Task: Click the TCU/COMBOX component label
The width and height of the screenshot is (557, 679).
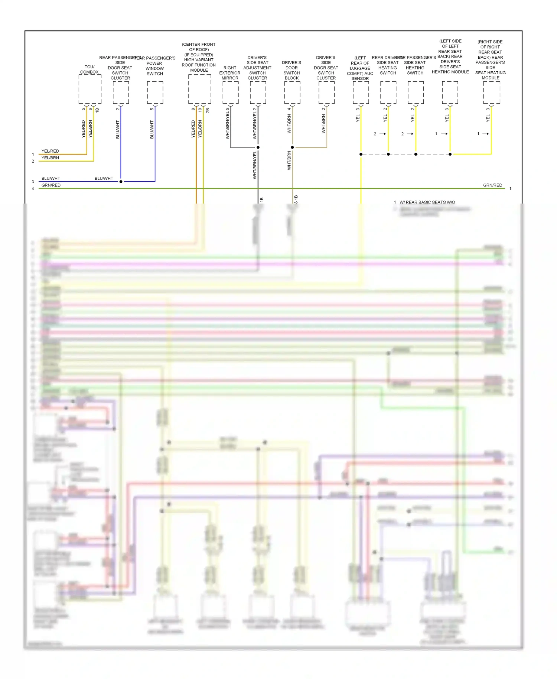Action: click(x=89, y=69)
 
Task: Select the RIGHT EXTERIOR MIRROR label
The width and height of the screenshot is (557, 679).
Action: click(x=230, y=73)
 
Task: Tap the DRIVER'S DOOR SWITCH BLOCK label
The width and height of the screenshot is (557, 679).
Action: click(x=291, y=70)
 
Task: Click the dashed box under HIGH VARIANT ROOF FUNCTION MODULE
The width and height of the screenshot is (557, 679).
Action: click(x=199, y=89)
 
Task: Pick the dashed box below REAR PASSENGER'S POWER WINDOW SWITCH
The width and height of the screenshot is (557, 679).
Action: click(x=155, y=92)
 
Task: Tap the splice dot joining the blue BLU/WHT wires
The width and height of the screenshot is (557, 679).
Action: click(x=121, y=182)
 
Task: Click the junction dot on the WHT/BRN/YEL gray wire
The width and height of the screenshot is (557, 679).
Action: click(x=258, y=147)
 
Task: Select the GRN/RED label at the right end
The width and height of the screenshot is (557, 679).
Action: click(x=492, y=185)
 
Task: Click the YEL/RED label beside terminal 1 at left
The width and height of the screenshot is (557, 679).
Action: click(x=50, y=151)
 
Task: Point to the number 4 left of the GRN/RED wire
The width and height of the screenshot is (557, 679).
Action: click(x=33, y=189)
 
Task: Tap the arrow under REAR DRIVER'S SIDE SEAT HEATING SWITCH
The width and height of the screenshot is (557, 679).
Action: click(x=383, y=134)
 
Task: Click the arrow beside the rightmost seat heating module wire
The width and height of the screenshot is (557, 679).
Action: click(x=486, y=134)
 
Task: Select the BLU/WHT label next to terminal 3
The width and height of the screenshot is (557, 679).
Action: click(x=51, y=178)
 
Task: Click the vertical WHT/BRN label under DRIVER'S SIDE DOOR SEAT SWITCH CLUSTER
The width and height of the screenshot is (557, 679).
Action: click(x=323, y=124)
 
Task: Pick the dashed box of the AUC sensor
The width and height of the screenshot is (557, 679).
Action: click(x=361, y=92)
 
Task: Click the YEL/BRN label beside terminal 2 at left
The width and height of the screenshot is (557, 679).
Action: click(x=50, y=158)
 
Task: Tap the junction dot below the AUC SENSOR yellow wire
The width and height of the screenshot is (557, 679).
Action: click(x=361, y=154)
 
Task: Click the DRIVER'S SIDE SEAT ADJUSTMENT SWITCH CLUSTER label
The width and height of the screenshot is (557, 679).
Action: click(x=257, y=68)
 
